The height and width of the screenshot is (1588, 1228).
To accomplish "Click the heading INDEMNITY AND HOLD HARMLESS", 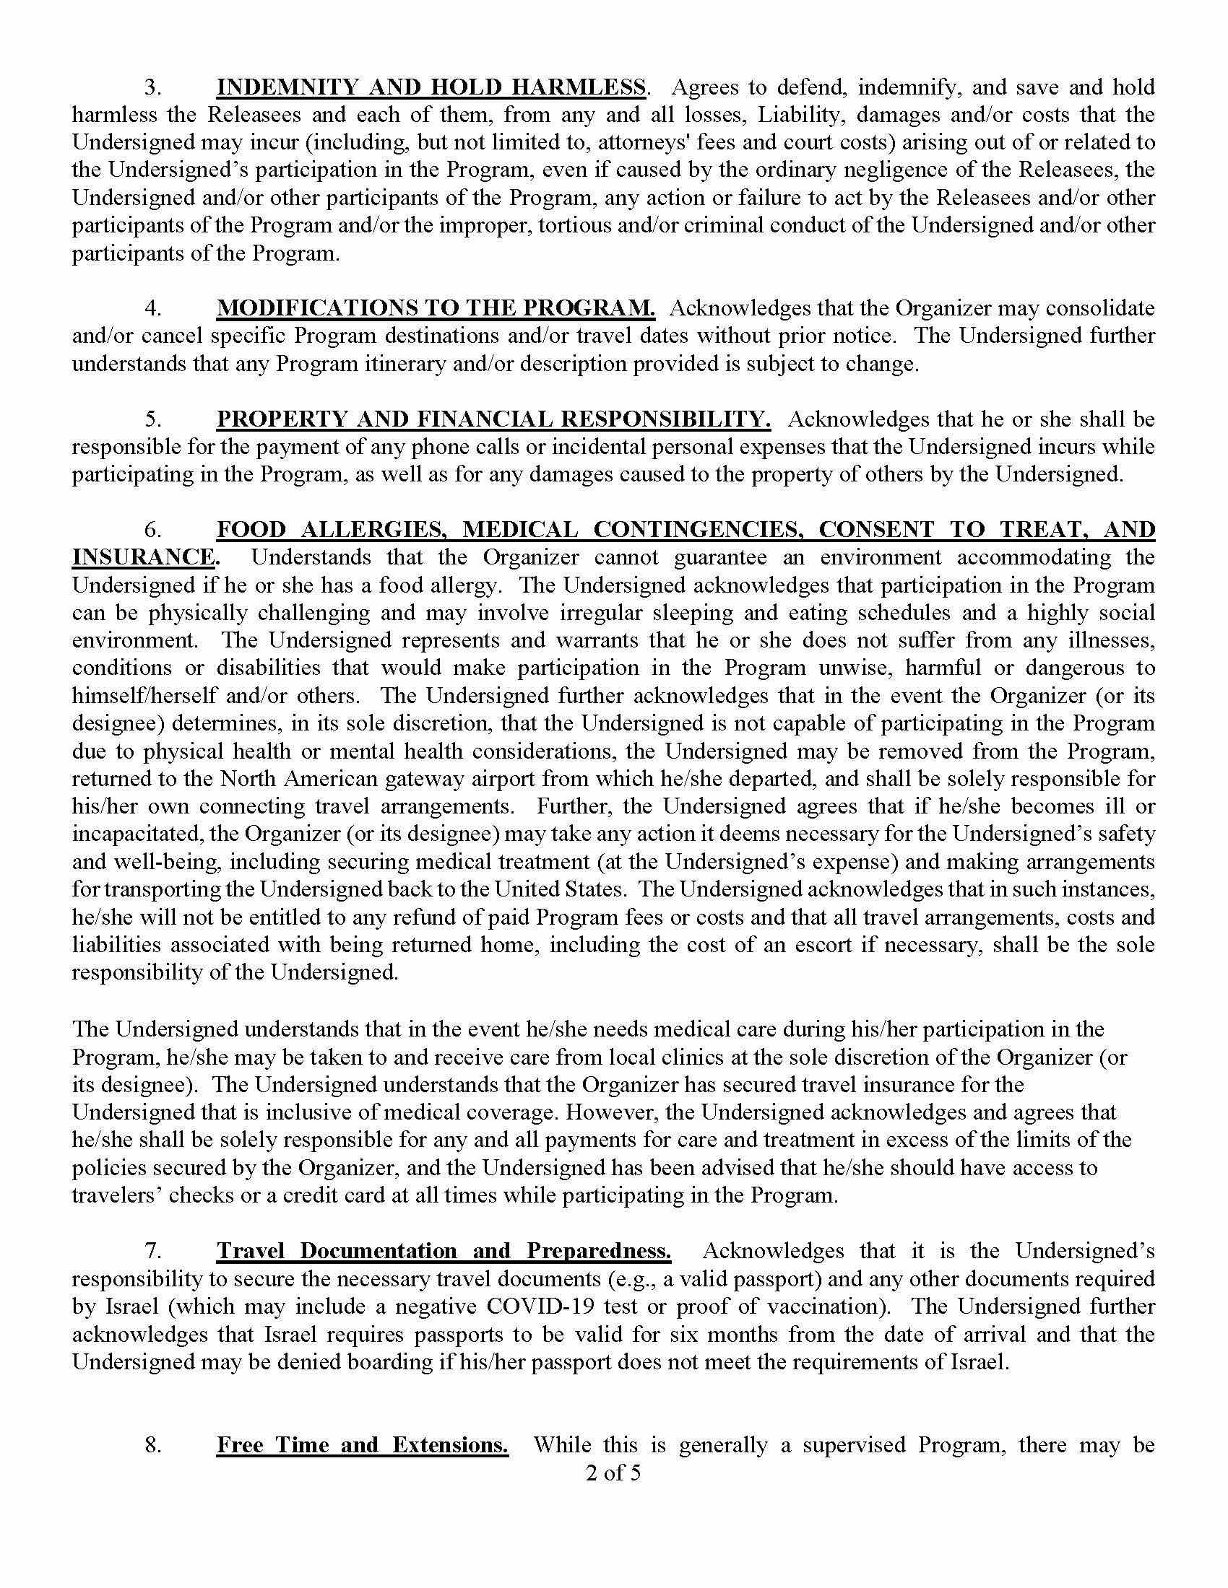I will click(431, 87).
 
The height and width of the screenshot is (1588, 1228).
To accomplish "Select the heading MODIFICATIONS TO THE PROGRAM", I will click(435, 307).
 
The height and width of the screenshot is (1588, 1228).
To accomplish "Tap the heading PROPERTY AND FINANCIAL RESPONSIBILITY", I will click(493, 419).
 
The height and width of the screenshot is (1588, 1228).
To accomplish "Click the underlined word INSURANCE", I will click(144, 557).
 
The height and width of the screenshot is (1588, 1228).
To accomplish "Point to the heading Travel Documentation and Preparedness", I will click(444, 1251).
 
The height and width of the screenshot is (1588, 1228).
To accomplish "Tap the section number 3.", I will click(152, 87).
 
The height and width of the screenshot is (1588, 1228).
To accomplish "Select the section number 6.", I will click(152, 529).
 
